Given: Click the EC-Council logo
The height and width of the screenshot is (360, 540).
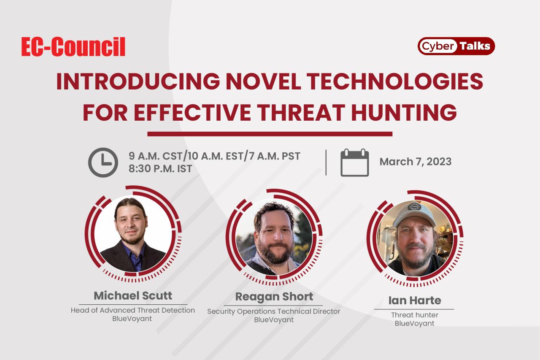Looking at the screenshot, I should tap(73, 47).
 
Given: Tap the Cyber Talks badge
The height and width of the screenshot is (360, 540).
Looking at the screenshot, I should tap(456, 46).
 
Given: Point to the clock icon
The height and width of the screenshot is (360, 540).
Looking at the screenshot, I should tap(103, 162).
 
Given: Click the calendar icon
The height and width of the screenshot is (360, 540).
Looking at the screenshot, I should tap(354, 162).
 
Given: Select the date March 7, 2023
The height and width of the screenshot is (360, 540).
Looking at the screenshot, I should tap(415, 162).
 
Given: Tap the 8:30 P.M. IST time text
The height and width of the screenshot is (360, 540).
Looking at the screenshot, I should tap(160, 168).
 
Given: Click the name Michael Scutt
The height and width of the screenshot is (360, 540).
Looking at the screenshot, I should tap(133, 295).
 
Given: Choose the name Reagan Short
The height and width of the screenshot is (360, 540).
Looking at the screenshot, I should tap(274, 296).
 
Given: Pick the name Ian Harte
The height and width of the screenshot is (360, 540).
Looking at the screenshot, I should tap(414, 300).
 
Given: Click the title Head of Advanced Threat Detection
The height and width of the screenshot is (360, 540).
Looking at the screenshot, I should tap(133, 310).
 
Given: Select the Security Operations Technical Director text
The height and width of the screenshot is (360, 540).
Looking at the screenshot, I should tap(273, 311).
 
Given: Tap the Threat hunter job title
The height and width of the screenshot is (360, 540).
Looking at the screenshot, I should tap(414, 315).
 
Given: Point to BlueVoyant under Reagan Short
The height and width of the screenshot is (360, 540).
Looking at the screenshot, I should tap(273, 319).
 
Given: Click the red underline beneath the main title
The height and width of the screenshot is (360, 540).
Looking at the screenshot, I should tap(270, 134).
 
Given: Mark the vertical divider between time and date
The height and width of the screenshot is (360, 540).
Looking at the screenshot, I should tap(326, 162).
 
